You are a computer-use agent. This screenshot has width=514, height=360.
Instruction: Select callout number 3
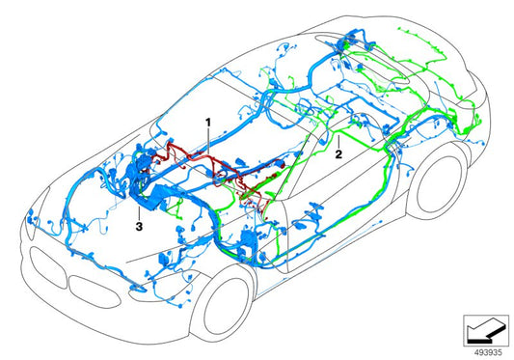pyautogui.click(x=140, y=226)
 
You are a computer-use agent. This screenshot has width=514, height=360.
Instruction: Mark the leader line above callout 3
pyautogui.click(x=142, y=211)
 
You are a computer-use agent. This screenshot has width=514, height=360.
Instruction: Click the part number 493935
pyautogui.click(x=484, y=350)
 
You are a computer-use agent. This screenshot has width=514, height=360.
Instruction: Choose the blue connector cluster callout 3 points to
pyautogui.click(x=145, y=193)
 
